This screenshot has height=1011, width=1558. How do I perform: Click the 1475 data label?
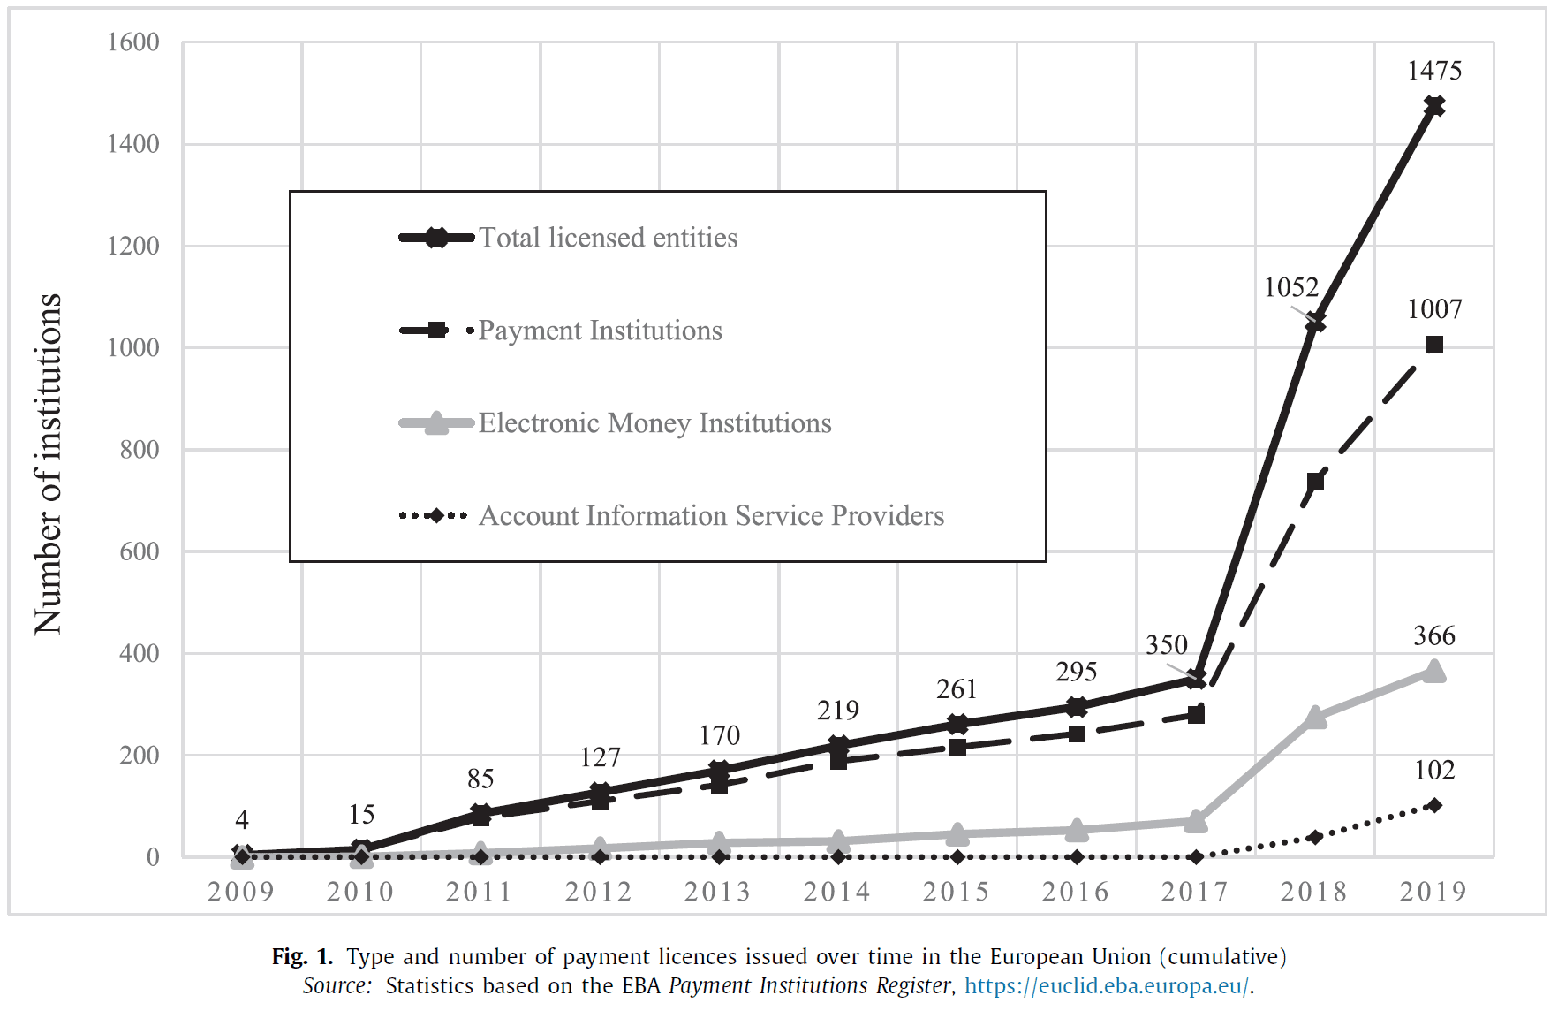tap(1433, 71)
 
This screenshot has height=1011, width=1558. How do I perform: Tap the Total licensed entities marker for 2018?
tap(1315, 323)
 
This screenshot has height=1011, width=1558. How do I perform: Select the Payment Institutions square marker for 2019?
tap(1434, 345)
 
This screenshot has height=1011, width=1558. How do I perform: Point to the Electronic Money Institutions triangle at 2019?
tap(1434, 673)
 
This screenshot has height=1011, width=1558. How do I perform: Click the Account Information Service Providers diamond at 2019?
tap(1434, 805)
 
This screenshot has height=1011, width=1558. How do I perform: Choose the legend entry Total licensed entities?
tap(608, 238)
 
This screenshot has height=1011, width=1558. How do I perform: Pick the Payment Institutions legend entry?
tap(600, 331)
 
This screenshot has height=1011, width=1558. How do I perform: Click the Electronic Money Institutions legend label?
tap(654, 423)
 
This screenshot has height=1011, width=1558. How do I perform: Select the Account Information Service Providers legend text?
tap(711, 516)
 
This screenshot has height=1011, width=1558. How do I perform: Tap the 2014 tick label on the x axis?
tap(837, 892)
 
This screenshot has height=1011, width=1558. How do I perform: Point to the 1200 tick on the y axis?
tap(133, 246)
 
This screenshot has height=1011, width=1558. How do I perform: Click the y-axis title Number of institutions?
tap(49, 464)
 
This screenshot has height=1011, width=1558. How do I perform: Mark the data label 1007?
tap(1434, 309)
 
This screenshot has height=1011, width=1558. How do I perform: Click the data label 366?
tap(1434, 635)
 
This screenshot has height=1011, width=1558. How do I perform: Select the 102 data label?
tap(1434, 770)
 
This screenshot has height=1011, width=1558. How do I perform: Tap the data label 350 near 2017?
tap(1167, 645)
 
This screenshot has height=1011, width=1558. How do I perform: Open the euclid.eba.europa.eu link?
tap(1108, 985)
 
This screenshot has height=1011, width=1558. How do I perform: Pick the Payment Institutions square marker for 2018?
tap(1315, 481)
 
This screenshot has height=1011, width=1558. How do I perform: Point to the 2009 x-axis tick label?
tap(241, 892)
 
